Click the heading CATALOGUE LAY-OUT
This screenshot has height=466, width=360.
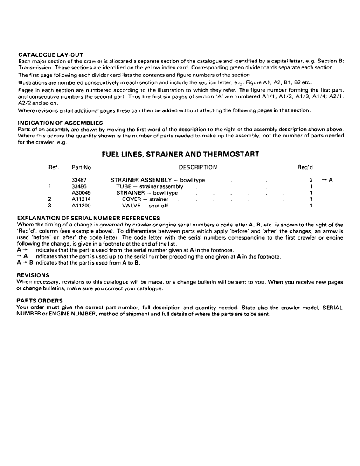(x=50, y=55)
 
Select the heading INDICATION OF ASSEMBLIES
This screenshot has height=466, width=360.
(x=60, y=123)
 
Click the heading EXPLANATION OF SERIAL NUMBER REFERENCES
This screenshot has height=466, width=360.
(x=88, y=218)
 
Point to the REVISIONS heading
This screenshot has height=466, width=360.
(x=34, y=275)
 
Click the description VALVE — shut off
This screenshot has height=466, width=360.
(x=145, y=206)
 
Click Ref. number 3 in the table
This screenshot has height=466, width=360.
(x=49, y=206)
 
